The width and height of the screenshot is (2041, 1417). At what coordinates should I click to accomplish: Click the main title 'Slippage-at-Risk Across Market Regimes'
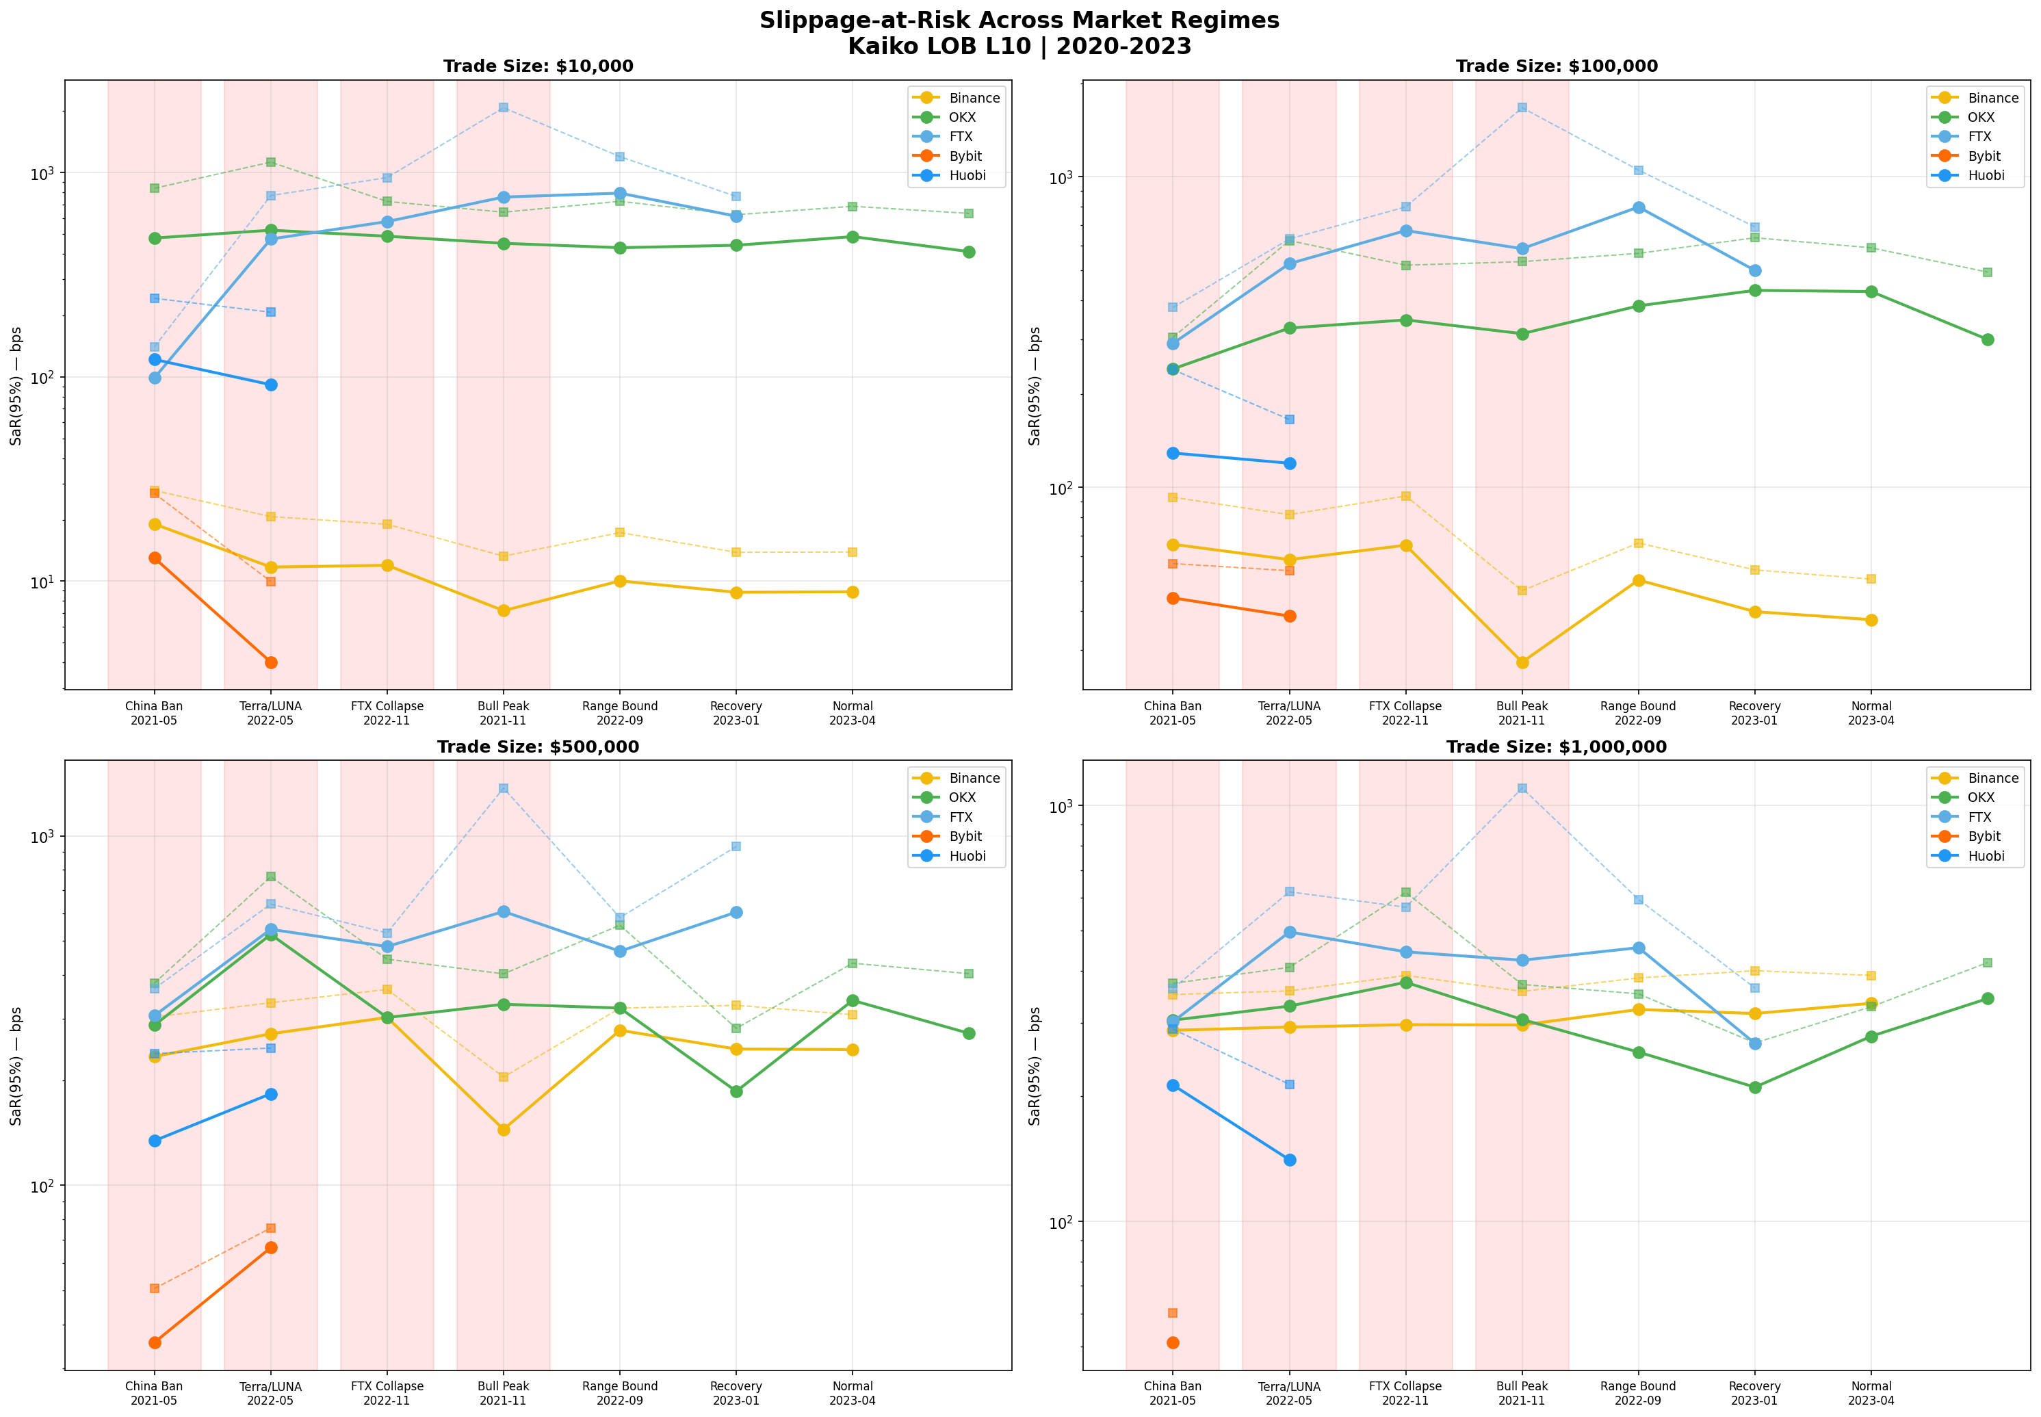click(1019, 21)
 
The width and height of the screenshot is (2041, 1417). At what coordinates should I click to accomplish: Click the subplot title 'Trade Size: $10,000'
click(538, 66)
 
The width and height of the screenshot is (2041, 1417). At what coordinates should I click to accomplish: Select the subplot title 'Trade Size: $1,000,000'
click(1557, 746)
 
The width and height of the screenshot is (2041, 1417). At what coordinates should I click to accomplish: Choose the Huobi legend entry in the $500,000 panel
click(967, 856)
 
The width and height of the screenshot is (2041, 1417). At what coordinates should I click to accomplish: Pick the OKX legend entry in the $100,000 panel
click(1981, 117)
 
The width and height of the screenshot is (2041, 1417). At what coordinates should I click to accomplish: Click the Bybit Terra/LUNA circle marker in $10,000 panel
click(271, 662)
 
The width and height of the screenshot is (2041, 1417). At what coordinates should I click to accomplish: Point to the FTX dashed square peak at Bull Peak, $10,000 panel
click(504, 107)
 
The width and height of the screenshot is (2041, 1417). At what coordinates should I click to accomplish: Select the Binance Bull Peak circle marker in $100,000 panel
click(1522, 662)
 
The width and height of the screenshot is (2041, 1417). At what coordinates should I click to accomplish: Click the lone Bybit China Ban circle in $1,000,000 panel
click(1173, 1342)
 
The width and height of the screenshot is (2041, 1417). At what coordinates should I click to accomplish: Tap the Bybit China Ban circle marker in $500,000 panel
click(155, 1342)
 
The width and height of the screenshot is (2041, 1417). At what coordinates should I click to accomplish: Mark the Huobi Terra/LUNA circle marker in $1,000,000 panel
click(1289, 1160)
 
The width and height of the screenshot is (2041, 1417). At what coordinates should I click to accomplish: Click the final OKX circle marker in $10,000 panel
click(969, 252)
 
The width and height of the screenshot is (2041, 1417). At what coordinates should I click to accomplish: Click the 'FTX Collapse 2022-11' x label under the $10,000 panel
click(387, 713)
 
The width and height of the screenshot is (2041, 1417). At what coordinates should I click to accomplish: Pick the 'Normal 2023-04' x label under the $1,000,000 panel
click(1871, 1393)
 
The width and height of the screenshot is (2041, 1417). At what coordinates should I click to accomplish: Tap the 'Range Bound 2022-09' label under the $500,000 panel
click(620, 1393)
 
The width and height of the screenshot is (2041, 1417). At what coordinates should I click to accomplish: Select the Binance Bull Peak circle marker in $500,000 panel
click(504, 1130)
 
